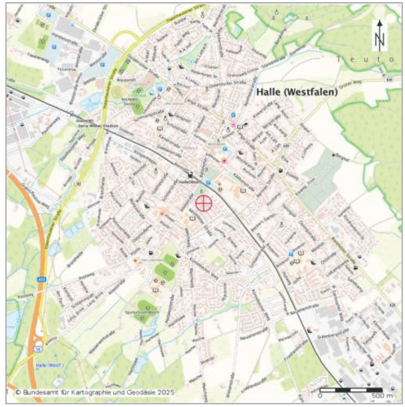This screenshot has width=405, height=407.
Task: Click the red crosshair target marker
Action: [x=204, y=203]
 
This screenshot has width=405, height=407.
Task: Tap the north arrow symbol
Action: [x=379, y=36]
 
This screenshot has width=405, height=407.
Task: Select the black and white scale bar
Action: [x=351, y=390]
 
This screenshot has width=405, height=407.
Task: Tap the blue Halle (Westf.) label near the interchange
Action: [x=50, y=365]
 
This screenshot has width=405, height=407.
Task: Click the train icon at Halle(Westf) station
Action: [x=190, y=175]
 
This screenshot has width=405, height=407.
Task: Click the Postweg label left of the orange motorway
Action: [x=23, y=296]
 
